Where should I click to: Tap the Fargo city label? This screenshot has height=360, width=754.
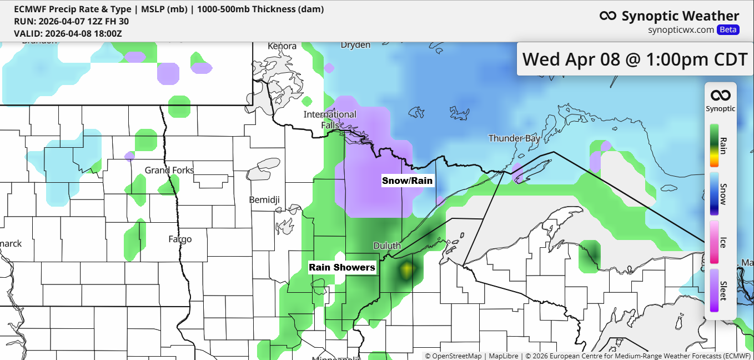click(180, 239)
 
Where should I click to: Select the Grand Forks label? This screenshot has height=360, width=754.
click(169, 170)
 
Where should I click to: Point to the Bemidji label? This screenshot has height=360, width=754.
click(264, 199)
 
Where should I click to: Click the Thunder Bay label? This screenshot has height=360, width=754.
click(514, 138)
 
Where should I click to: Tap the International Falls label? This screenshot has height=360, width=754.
click(330, 119)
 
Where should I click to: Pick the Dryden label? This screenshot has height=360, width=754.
click(355, 45)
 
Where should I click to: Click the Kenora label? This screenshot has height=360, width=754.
click(282, 46)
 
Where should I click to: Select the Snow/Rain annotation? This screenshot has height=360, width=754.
click(407, 181)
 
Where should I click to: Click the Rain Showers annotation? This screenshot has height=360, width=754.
click(342, 268)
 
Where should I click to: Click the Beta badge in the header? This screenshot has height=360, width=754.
click(728, 30)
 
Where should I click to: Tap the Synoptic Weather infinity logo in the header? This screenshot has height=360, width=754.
click(608, 16)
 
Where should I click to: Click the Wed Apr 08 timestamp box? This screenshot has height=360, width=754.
click(635, 59)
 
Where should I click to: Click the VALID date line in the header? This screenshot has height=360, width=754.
click(68, 33)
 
